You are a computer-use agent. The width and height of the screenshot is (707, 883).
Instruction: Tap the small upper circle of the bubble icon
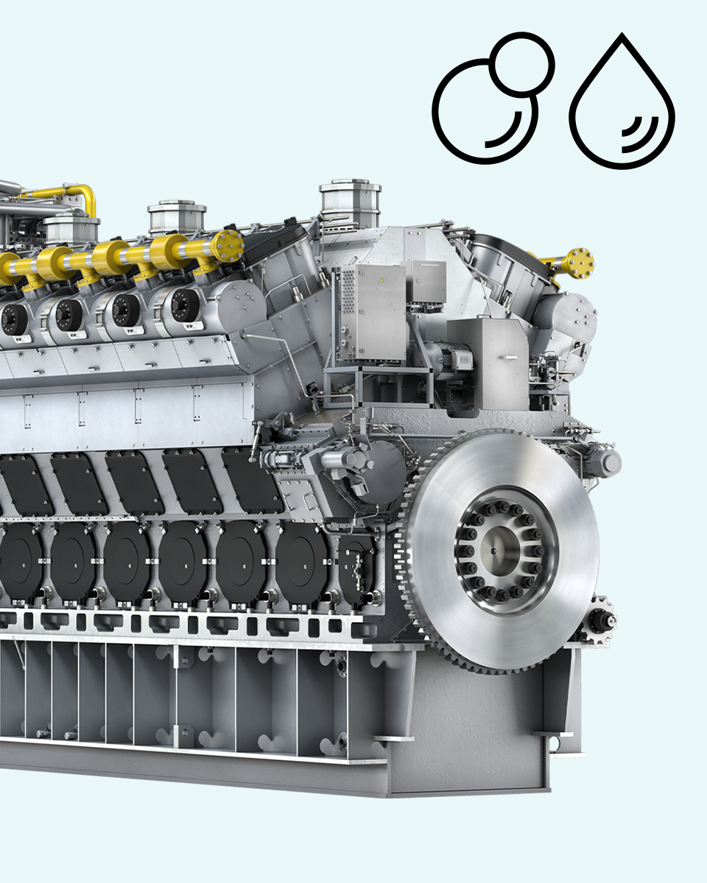[522, 63]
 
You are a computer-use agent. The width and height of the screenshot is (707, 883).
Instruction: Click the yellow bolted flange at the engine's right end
[579, 263]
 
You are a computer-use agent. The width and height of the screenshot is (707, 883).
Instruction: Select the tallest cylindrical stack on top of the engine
[351, 202]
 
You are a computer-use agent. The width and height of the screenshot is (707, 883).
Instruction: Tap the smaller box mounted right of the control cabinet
[426, 283]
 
